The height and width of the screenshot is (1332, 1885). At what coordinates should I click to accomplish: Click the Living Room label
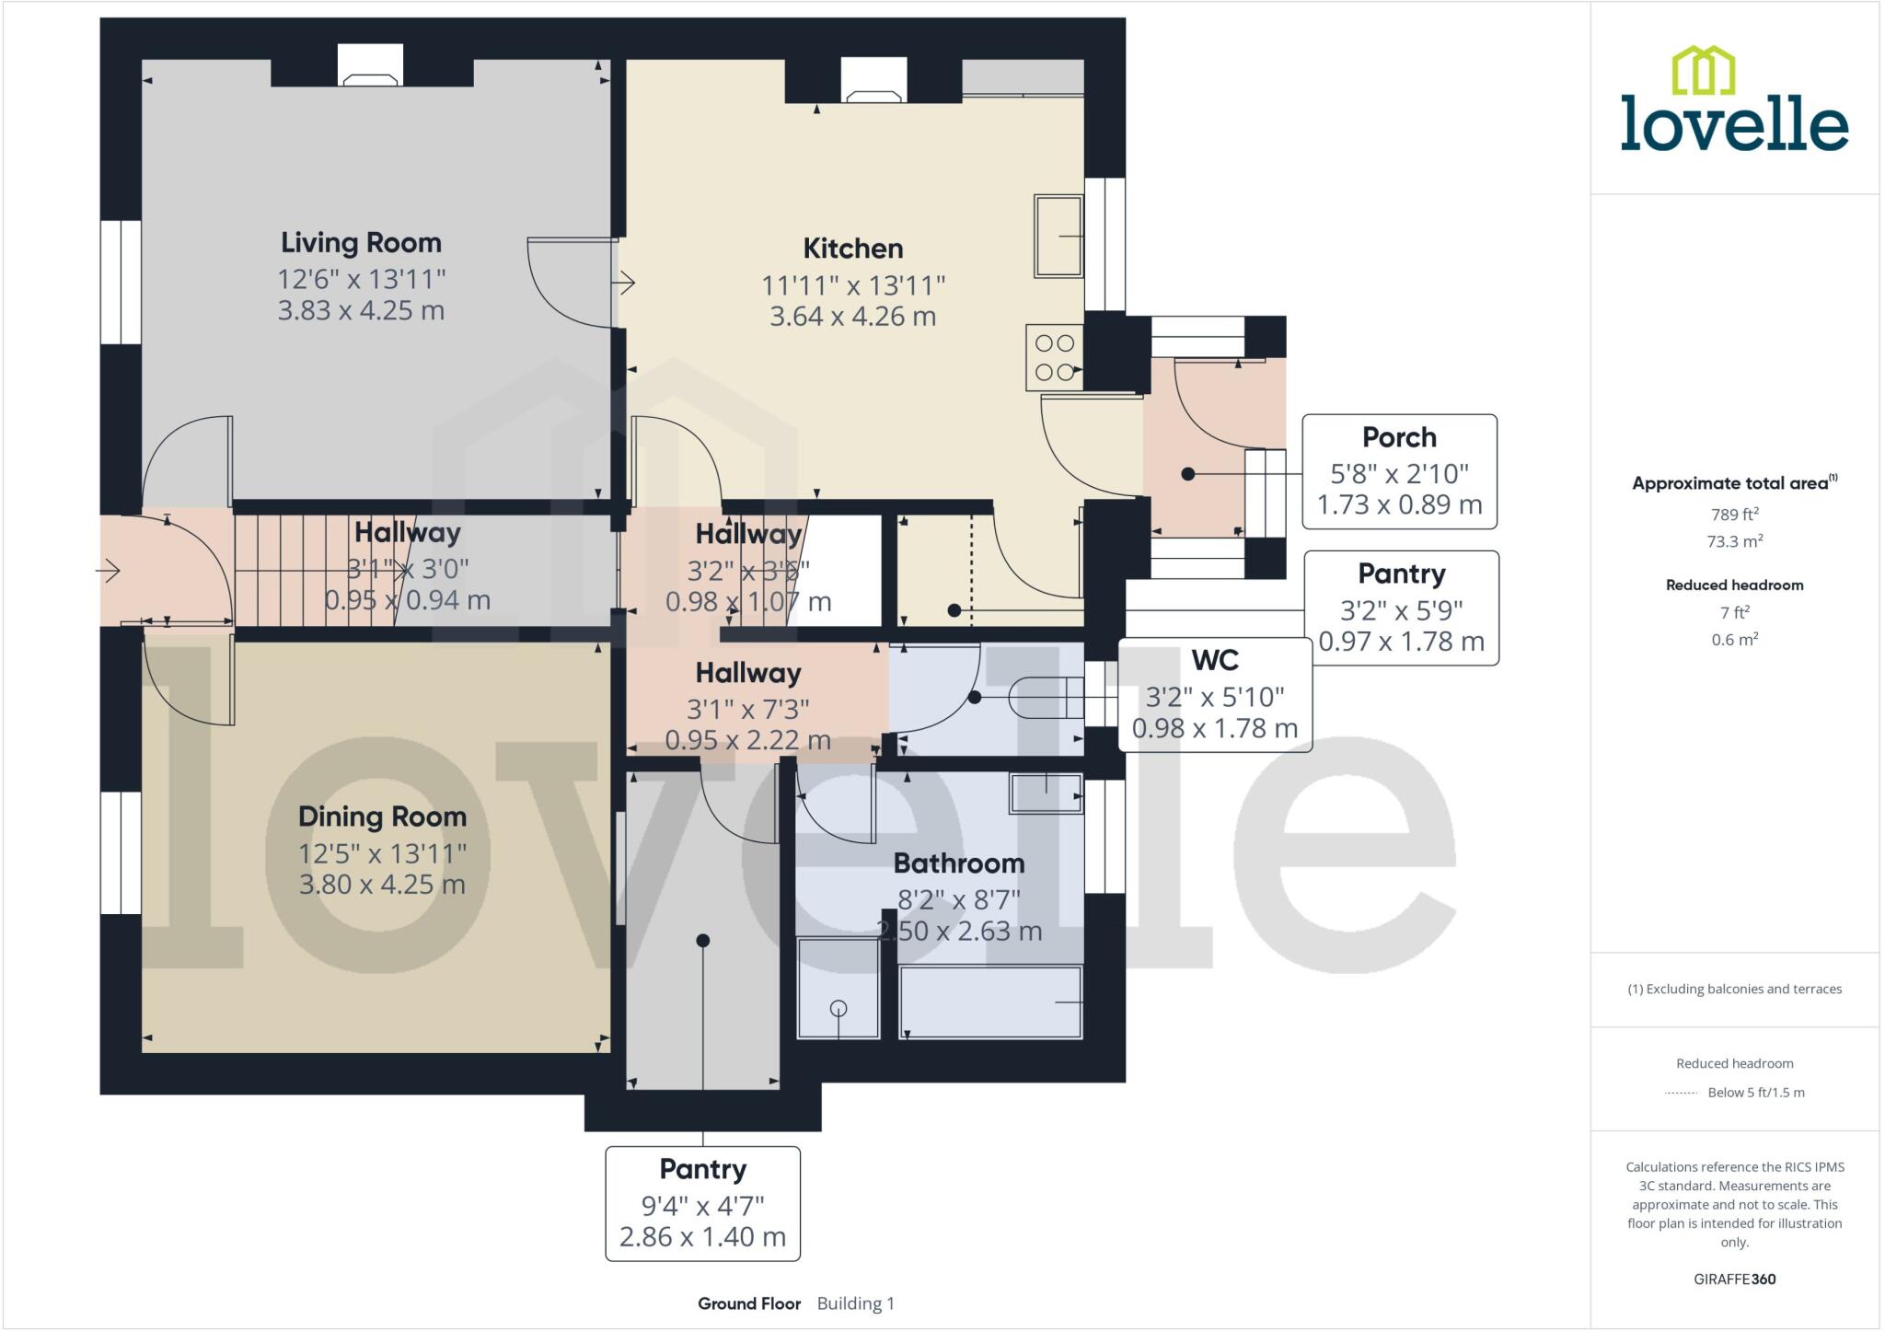tap(361, 243)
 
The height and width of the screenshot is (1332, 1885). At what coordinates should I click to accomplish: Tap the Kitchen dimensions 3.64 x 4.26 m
tap(852, 317)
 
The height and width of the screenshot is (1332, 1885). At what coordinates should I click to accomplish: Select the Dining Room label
tap(382, 817)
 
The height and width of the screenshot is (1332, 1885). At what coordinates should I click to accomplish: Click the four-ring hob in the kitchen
tap(1055, 357)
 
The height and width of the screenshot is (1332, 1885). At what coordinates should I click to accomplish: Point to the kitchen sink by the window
tap(1058, 236)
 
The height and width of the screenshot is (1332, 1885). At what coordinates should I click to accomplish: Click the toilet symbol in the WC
tap(1045, 697)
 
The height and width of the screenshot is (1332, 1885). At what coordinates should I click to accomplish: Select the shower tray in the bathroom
tap(838, 988)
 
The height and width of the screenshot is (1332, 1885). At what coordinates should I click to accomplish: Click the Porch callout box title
tap(1399, 437)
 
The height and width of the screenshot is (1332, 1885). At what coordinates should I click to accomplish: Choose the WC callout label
tap(1215, 660)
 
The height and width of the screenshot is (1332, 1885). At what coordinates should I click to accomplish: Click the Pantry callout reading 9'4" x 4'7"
tap(702, 1204)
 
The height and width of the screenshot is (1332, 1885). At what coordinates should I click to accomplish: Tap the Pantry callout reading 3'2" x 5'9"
tap(1401, 608)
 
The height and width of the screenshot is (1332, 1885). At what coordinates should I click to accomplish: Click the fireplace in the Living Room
tap(370, 67)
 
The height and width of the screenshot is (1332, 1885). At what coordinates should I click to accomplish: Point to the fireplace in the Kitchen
tap(873, 80)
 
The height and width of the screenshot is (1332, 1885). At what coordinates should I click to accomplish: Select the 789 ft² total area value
tap(1734, 515)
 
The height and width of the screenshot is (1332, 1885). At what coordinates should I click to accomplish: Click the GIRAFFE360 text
tap(1734, 1279)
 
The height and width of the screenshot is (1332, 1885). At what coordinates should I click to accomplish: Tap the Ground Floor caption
tap(748, 1303)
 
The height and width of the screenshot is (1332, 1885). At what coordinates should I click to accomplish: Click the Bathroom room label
tap(958, 863)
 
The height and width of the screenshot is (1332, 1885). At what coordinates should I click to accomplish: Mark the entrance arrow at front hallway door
tap(109, 572)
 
